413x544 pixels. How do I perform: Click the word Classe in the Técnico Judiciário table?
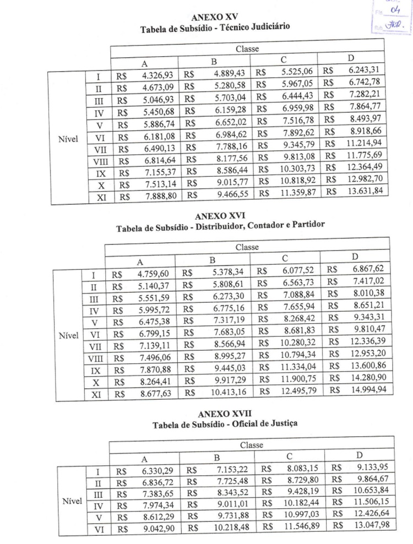tap(247, 50)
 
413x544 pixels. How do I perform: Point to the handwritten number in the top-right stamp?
tap(393, 10)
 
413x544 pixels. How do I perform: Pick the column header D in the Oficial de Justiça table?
tap(359, 455)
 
